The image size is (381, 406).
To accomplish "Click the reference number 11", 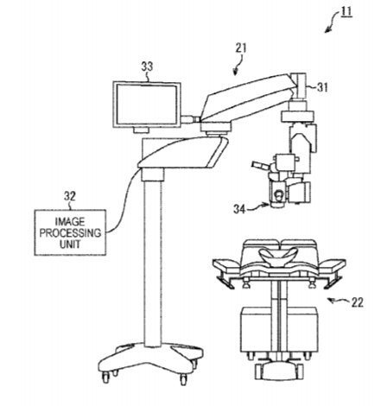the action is [x=346, y=11].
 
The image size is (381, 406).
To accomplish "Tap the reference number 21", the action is [x=241, y=48].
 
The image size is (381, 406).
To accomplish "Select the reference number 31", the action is [x=322, y=87].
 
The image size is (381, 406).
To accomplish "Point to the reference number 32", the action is [x=70, y=196].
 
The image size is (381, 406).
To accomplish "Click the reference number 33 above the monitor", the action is [x=147, y=67].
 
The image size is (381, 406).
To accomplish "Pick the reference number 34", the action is [x=239, y=209].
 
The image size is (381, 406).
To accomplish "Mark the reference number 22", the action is [x=358, y=302].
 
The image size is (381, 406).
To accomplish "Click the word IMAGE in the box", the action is [x=70, y=222].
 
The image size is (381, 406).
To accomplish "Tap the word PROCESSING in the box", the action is [x=70, y=233].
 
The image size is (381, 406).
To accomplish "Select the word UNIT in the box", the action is [x=70, y=244].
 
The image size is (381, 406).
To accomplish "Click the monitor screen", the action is [x=147, y=104].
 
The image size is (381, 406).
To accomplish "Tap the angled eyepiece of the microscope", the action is [x=261, y=165].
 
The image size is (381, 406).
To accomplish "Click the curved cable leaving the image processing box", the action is [x=124, y=200].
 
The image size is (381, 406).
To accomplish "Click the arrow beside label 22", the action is [x=338, y=301].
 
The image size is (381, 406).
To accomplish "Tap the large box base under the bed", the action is [x=279, y=329].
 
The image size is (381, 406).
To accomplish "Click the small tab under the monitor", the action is [x=141, y=130].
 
